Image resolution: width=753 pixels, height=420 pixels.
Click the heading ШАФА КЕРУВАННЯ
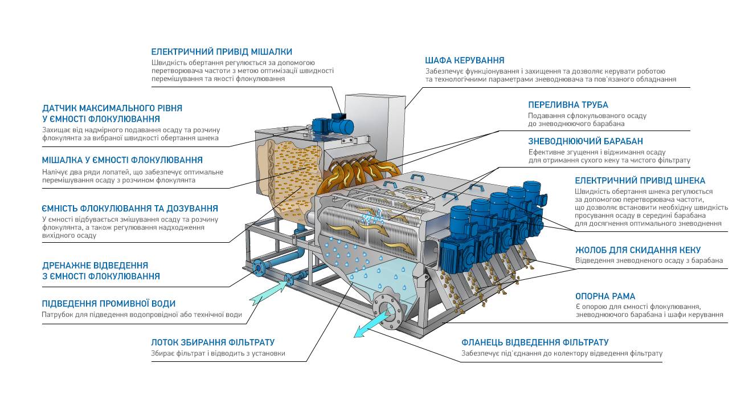[464, 60]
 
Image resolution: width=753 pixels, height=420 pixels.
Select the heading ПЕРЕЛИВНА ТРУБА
[568, 105]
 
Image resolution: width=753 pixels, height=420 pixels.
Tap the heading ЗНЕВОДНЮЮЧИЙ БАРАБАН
[586, 141]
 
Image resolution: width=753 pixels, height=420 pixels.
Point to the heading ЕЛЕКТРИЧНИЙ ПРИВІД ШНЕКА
[640, 181]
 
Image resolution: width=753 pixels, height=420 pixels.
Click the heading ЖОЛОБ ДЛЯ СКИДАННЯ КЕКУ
[637, 250]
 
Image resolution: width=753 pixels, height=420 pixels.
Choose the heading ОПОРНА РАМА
[605, 296]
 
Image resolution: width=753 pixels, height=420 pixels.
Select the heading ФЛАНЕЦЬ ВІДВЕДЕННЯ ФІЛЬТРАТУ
[535, 342]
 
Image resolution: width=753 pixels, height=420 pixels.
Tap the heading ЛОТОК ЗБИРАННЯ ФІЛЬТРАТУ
[212, 342]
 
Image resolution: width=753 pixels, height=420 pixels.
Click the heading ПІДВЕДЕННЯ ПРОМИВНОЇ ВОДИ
[108, 304]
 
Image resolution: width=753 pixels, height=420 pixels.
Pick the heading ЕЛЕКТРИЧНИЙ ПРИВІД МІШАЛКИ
[221, 52]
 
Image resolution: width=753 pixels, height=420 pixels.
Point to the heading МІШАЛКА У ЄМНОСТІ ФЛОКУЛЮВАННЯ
[122, 160]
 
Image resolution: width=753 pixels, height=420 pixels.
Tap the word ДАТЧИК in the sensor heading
[60, 108]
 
